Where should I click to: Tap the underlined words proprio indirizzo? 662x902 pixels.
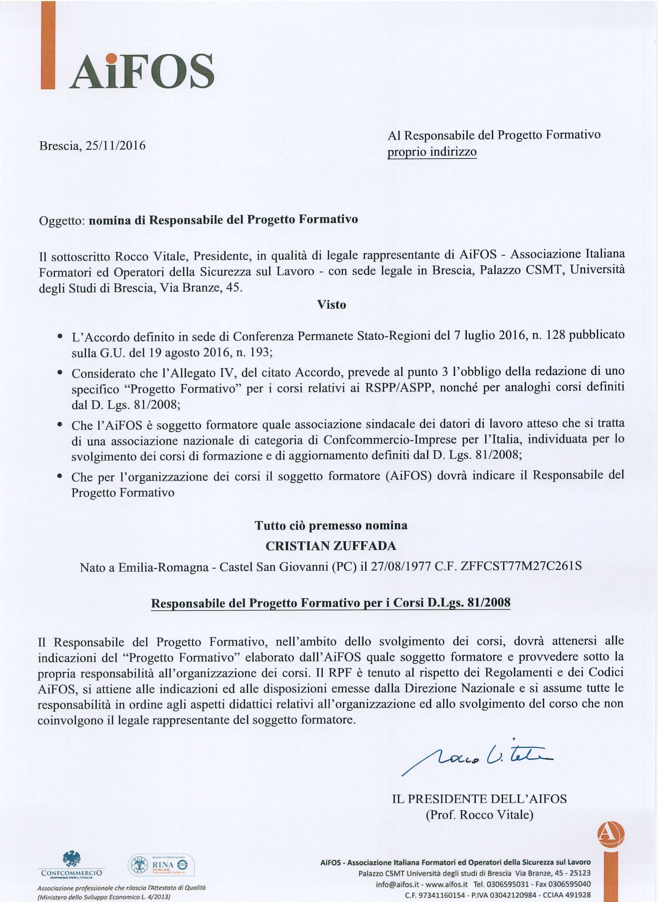(432, 153)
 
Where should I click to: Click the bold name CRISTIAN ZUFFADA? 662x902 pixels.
(331, 546)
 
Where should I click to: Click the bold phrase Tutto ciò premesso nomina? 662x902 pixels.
(331, 525)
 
